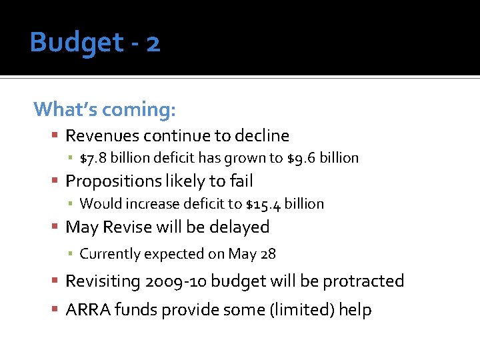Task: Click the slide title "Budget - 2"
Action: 95,43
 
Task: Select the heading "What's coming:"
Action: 104,108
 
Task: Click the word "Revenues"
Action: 100,136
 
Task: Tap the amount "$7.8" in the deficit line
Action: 93,158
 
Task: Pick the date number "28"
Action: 268,254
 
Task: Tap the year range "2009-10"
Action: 175,281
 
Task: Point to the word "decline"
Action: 261,136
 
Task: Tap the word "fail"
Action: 241,181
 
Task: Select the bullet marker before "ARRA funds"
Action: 56,310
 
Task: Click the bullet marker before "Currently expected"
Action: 70,254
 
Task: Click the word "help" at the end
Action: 355,310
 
